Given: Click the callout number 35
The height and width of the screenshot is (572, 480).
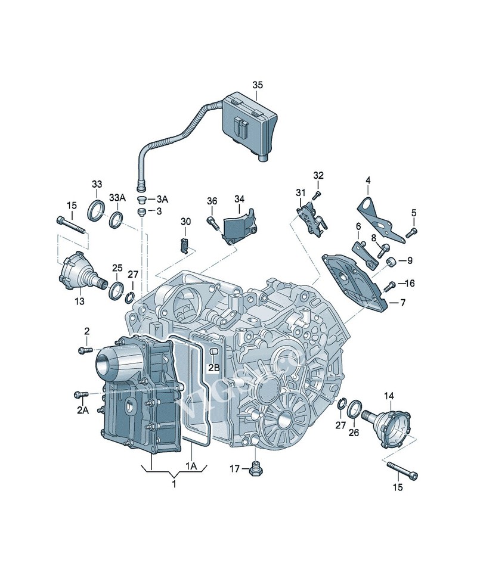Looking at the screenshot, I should (257, 85).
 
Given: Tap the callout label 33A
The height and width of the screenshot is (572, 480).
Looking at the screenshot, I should (117, 198).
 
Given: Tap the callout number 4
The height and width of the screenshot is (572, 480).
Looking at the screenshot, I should (368, 180).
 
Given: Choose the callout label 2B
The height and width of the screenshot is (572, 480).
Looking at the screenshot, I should (213, 368).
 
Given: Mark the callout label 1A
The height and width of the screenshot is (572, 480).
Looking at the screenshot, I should (191, 467).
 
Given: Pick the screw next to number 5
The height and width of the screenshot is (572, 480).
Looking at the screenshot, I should (411, 233).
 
